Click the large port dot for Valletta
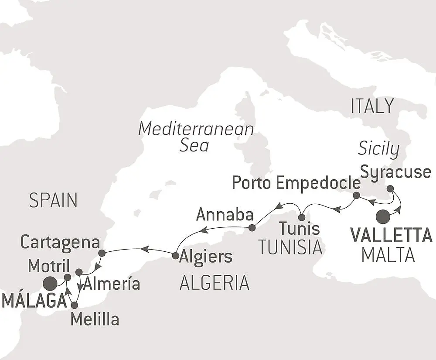pos(383,216)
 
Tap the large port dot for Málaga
pos(50,285)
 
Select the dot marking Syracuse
pos(390,189)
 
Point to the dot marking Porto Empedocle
pos(356,195)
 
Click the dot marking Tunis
pos(301,217)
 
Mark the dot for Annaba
pos(252,228)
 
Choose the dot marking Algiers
pos(176,255)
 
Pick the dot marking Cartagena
pos(102,253)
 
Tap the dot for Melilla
pos(75,305)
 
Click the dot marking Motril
pos(67,277)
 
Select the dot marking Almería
pos(79,272)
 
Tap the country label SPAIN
pos(53,201)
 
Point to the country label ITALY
pos(372,106)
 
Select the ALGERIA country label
pos(215,283)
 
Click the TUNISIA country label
pos(290,247)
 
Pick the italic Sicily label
pos(378,149)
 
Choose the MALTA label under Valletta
pos(388,255)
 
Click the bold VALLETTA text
pos(391,236)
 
